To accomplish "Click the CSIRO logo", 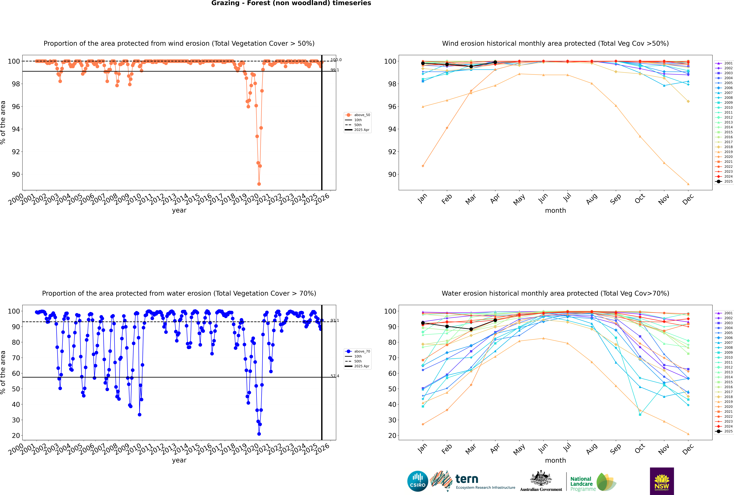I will [x=417, y=481].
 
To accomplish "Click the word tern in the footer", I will [x=467, y=479].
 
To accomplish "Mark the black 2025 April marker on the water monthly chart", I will [x=495, y=320].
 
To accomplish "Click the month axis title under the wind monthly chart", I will [x=555, y=211].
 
